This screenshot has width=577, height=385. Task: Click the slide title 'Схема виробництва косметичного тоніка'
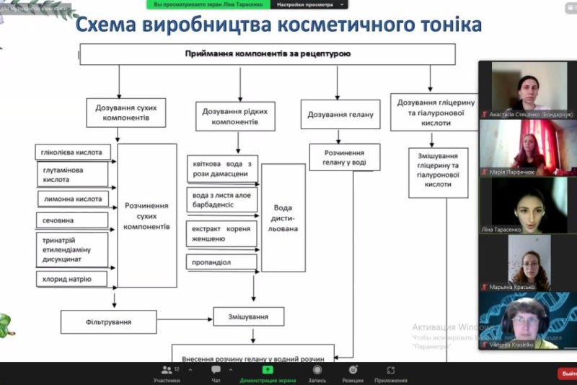click(x=278, y=26)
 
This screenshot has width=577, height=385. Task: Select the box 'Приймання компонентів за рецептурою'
click(x=267, y=54)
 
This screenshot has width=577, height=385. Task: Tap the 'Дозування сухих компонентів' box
click(x=125, y=112)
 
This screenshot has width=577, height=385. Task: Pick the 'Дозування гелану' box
click(x=340, y=114)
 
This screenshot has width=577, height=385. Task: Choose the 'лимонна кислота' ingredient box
click(x=72, y=199)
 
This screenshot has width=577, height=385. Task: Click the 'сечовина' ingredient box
click(x=72, y=220)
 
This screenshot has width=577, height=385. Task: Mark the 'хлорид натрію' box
click(x=72, y=278)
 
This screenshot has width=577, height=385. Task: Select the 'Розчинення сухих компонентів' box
click(x=146, y=215)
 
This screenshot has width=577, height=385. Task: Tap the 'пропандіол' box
click(x=222, y=261)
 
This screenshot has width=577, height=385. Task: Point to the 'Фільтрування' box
click(x=108, y=321)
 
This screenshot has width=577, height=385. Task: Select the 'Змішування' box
click(x=248, y=316)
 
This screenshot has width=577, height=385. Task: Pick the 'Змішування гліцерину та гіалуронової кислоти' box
click(x=438, y=172)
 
